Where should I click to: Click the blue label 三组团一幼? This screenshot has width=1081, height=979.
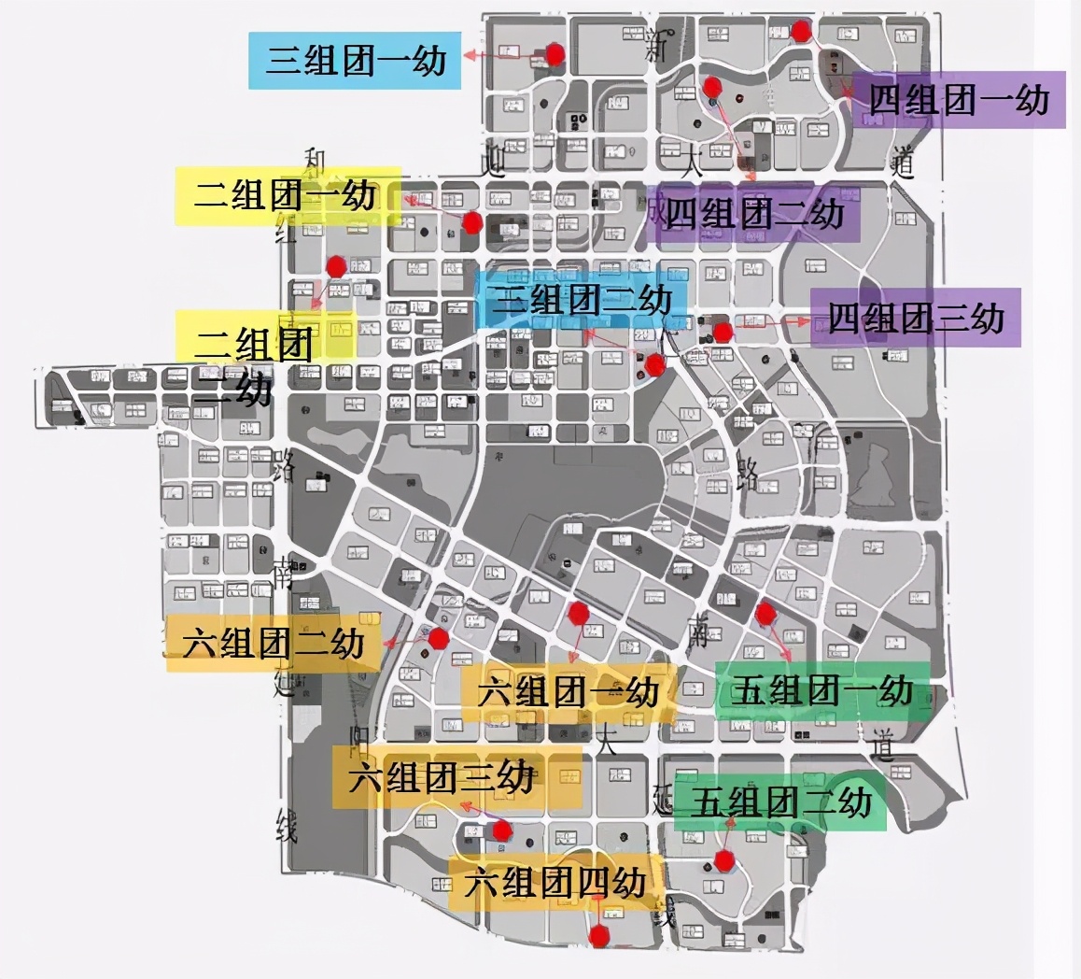click(355, 61)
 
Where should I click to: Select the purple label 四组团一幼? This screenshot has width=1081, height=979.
click(959, 99)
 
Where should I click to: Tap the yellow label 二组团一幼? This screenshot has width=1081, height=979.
click(288, 195)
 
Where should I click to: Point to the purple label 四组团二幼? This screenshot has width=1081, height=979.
click(754, 214)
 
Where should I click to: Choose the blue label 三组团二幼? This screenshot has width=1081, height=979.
click(582, 300)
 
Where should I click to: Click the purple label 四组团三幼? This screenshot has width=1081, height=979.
click(915, 318)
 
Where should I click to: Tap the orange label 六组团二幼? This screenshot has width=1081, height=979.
click(274, 643)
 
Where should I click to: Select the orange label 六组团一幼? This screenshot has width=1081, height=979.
click(568, 692)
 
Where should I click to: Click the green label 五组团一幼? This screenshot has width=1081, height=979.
click(821, 690)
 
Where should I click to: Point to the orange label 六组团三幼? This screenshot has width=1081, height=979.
click(456, 777)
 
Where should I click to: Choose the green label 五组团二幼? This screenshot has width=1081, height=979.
click(780, 802)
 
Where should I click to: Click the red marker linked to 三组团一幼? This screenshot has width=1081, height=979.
click(555, 54)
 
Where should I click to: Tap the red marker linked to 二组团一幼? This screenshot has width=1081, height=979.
click(472, 222)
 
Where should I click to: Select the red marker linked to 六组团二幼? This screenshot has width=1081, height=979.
click(438, 639)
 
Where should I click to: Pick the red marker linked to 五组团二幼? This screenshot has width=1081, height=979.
click(723, 860)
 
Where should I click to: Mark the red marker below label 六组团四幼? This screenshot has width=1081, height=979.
click(599, 935)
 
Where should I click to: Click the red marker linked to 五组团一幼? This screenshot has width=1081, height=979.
click(765, 614)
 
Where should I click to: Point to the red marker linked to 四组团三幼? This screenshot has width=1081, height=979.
click(722, 332)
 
